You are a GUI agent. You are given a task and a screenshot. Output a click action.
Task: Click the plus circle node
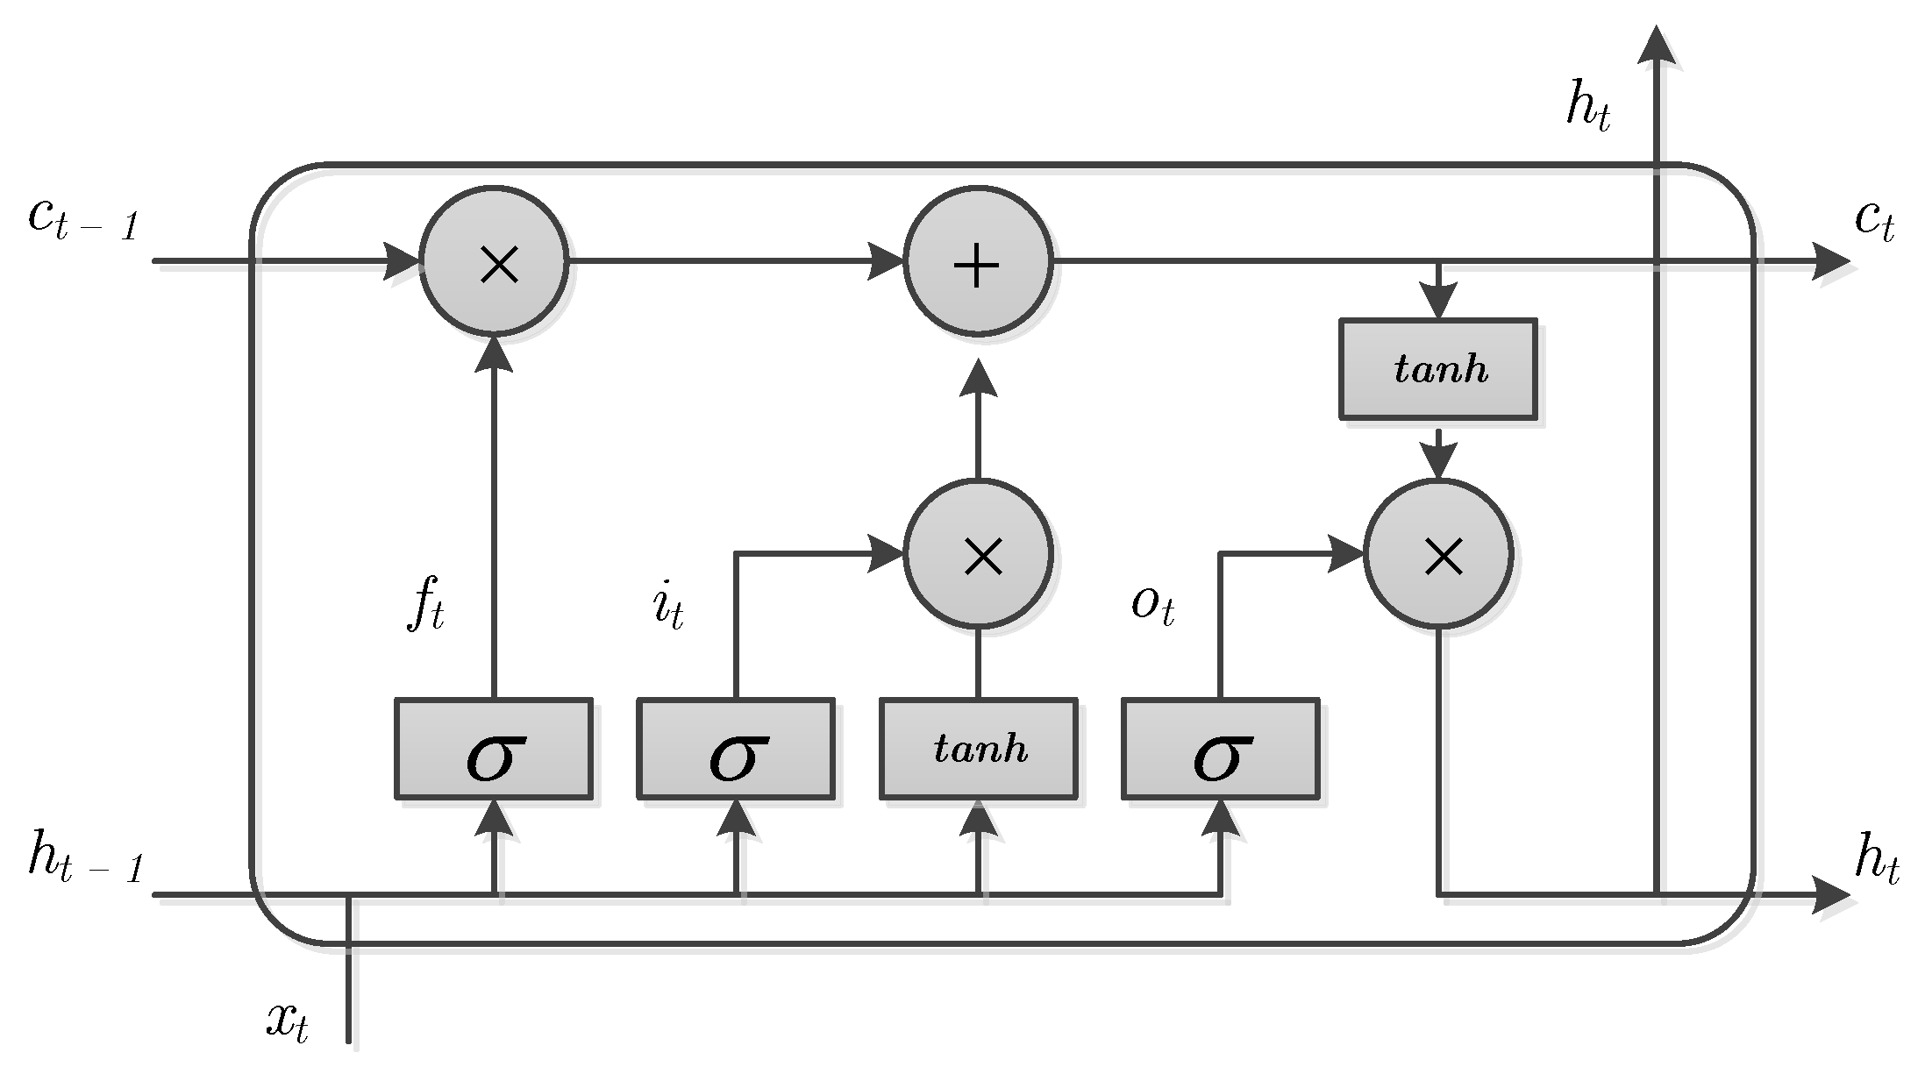click(977, 261)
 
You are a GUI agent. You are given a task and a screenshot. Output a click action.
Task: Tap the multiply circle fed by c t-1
click(494, 261)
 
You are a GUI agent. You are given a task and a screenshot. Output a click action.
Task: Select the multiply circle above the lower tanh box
click(977, 554)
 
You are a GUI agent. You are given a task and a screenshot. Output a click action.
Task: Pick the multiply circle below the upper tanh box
click(1438, 554)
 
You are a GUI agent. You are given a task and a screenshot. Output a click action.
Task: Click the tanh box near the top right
click(1438, 368)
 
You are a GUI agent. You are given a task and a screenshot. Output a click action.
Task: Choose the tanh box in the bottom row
click(979, 749)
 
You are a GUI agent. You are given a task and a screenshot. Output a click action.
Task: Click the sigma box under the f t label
click(494, 749)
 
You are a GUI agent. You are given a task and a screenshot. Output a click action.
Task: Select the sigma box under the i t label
click(736, 749)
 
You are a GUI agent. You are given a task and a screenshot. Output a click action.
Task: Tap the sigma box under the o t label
click(1220, 749)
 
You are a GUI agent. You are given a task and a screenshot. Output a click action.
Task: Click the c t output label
click(1875, 218)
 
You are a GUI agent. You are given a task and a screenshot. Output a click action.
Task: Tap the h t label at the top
click(1588, 110)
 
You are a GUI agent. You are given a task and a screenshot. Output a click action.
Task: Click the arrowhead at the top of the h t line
click(1656, 46)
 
